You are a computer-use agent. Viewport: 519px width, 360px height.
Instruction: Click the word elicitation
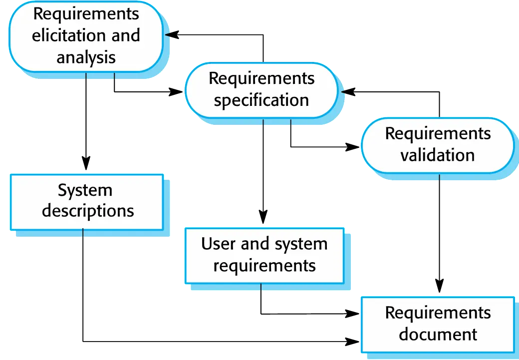69,36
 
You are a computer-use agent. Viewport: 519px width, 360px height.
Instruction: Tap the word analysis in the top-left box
86,57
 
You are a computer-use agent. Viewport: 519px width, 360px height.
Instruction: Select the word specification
261,100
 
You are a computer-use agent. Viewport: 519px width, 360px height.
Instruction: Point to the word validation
437,155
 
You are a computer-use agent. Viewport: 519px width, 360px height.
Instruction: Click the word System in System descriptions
85,190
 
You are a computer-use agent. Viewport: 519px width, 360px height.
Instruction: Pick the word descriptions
88,211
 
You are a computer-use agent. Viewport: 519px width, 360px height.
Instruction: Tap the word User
218,244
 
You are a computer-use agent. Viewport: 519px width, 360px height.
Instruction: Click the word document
438,334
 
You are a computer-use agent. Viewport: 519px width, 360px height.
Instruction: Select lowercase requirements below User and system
264,265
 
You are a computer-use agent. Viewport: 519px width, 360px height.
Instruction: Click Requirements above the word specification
261,78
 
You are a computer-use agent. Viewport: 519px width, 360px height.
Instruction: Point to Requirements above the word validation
438,133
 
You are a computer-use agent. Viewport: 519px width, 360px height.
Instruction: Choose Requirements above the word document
438,313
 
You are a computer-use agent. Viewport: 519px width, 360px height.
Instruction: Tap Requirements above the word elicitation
86,14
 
